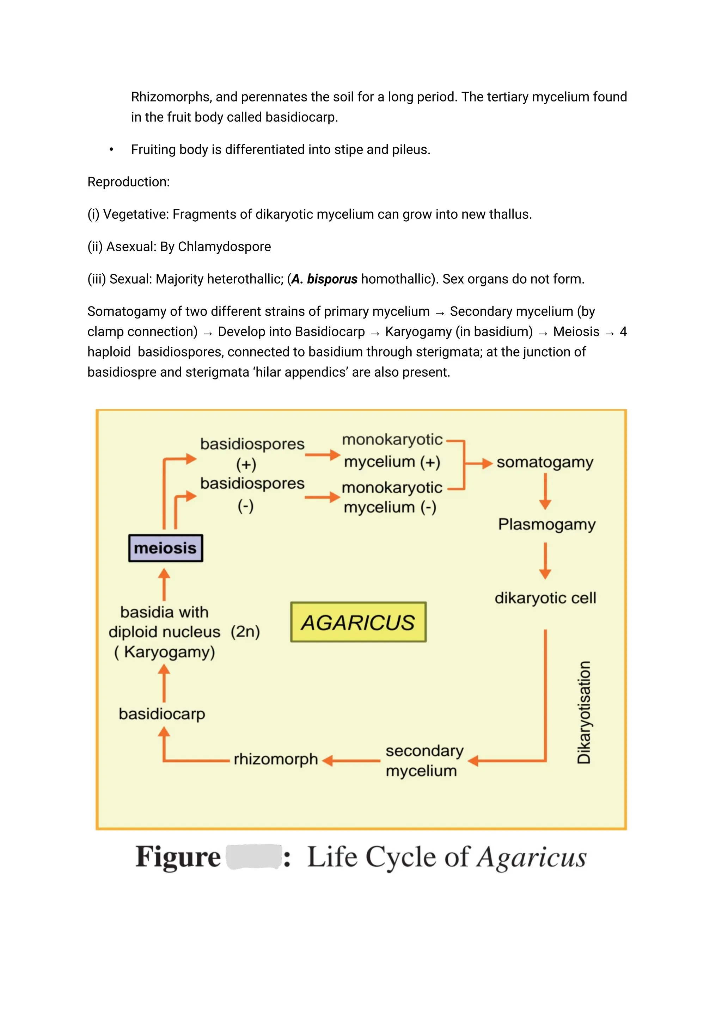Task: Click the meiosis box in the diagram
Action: pos(165,548)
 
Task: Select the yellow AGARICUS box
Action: pos(358,622)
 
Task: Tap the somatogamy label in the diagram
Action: pos(545,463)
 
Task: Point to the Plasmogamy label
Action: pos(546,525)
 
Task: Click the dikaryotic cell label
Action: pos(545,598)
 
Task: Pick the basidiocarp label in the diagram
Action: pos(162,714)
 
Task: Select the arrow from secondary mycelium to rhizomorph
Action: pos(351,761)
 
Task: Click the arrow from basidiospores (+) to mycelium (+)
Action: pos(323,455)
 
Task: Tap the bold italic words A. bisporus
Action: pos(324,279)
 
